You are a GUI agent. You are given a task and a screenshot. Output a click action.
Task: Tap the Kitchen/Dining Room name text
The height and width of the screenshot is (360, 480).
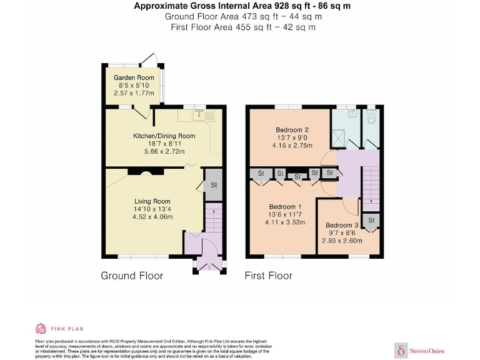[164, 136]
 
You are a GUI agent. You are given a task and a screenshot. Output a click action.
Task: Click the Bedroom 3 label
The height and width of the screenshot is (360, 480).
[342, 225]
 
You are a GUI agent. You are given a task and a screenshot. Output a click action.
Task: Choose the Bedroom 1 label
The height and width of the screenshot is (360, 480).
[285, 207]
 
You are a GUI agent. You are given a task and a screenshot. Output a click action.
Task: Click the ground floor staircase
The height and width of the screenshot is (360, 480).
[213, 222]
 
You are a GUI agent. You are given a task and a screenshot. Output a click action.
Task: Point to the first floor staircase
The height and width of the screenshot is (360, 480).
[371, 184]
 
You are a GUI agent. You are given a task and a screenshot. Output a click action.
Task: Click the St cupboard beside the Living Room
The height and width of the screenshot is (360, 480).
[213, 185]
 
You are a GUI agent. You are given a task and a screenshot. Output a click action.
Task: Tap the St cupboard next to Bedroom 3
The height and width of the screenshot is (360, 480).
[371, 221]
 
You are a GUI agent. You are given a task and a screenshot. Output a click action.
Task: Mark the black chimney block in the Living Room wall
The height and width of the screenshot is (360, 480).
[136, 171]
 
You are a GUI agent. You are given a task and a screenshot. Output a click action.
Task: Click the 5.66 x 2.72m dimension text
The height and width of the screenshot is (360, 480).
[164, 151]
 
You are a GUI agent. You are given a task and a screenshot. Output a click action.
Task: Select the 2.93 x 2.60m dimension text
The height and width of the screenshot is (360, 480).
[342, 241]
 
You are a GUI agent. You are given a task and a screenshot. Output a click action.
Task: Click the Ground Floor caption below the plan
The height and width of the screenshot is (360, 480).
[132, 276]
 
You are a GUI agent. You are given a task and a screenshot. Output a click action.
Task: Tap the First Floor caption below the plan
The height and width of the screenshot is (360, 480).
[268, 276]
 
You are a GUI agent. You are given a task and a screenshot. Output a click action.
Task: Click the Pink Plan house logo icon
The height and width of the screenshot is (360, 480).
[41, 328]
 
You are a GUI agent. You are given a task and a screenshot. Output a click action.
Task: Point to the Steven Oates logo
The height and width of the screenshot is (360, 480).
[419, 351]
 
